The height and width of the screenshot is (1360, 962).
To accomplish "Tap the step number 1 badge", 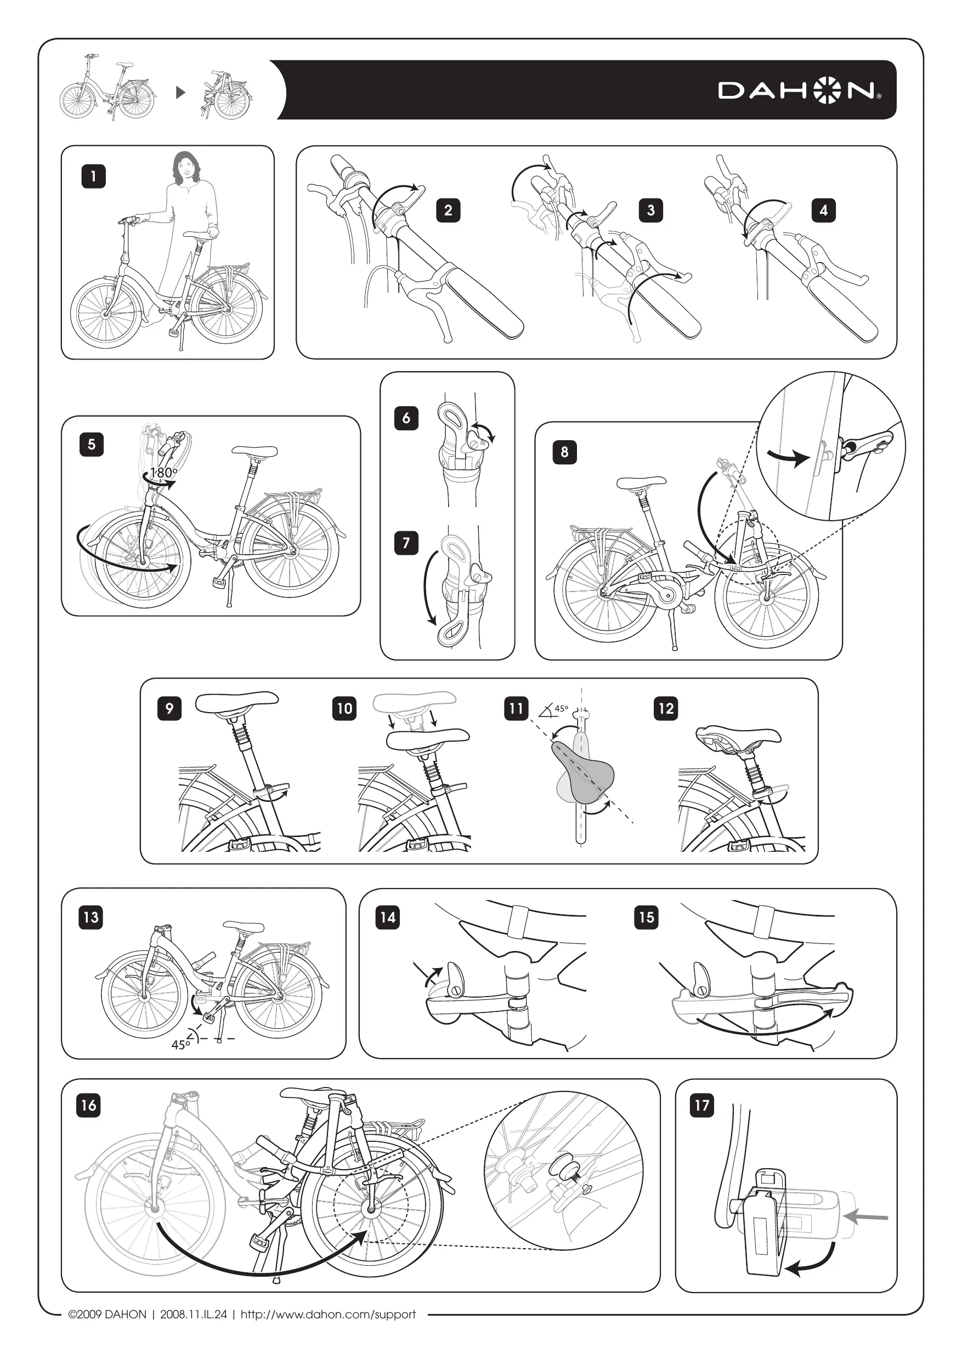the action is (x=93, y=176).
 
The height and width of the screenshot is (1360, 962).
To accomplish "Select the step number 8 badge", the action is (x=564, y=452).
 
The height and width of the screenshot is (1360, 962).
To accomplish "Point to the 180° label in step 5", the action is (x=163, y=472).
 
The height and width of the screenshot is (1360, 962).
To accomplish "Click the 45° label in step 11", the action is (x=561, y=708).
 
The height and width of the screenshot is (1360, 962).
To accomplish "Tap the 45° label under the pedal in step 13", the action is (x=180, y=1045).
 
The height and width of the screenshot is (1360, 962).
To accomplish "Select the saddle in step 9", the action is (x=237, y=702).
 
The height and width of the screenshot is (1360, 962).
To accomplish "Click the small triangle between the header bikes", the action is (x=182, y=93).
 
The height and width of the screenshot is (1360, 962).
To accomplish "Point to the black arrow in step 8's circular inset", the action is (x=789, y=456).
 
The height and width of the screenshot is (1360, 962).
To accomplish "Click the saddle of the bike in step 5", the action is (x=255, y=452).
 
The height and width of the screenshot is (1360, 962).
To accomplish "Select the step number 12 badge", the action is (x=666, y=708).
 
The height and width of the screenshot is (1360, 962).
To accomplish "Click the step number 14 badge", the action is (x=388, y=918).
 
